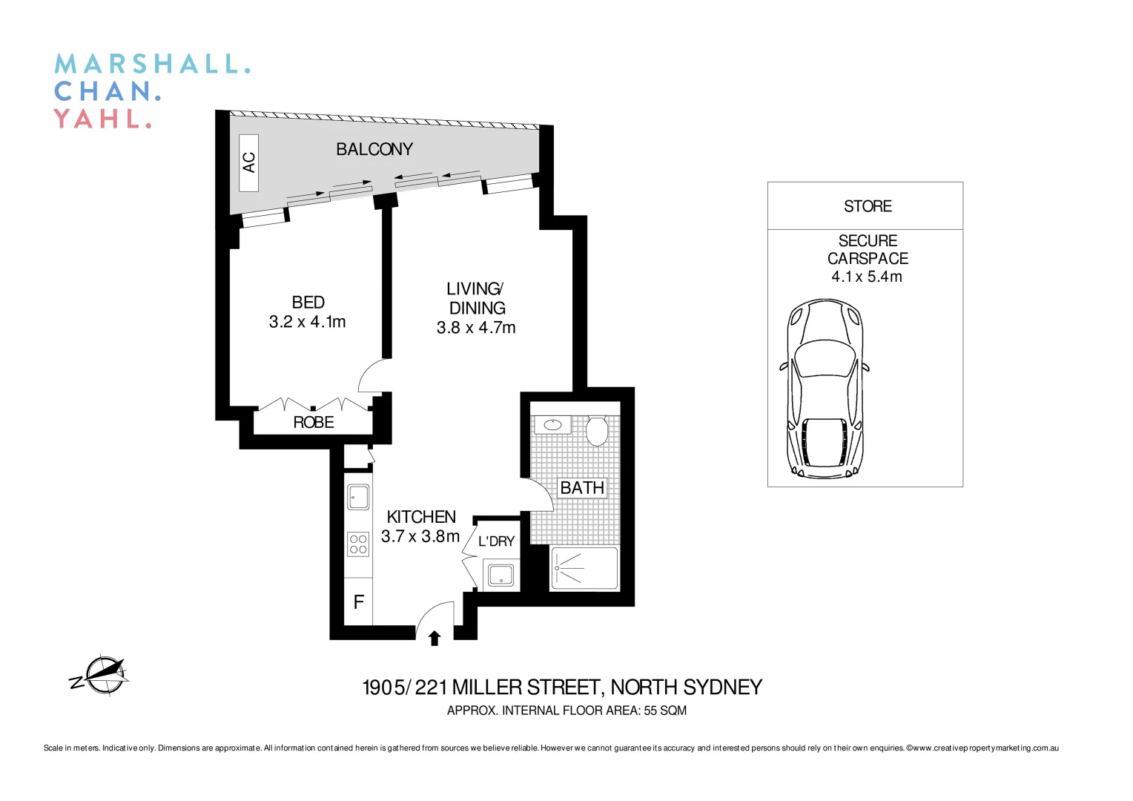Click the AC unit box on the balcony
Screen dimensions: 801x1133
pos(249,163)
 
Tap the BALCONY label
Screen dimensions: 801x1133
pos(374,149)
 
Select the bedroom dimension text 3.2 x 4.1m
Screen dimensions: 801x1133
pos(307,322)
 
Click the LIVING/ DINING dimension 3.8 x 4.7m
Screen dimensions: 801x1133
pos(475,328)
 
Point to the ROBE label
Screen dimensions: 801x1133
pos(313,423)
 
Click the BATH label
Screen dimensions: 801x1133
pos(581,488)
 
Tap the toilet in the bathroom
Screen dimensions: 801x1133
pos(597,430)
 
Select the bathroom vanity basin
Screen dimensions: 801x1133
pos(552,425)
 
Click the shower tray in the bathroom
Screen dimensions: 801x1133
pos(584,569)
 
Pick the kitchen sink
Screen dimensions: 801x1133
pos(359,496)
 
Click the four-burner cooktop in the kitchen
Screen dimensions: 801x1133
pos(359,544)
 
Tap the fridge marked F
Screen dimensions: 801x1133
pos(359,602)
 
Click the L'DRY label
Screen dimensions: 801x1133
pos(496,541)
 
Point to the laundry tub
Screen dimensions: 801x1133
pos(501,575)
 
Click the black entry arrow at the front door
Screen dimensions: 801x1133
pos(435,638)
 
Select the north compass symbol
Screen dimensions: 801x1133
pos(102,676)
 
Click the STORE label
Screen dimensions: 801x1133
pos(868,206)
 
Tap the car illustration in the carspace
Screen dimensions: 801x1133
pos(825,389)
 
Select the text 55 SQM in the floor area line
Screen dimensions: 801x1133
pos(664,711)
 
